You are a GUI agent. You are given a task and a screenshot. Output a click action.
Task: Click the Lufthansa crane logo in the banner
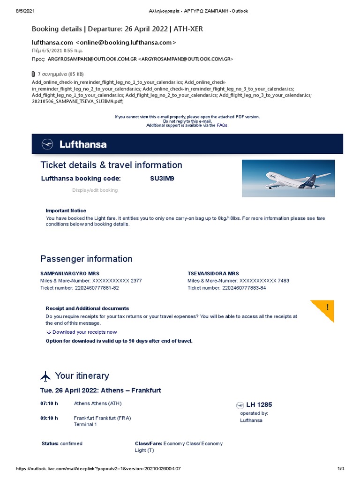pos(47,144)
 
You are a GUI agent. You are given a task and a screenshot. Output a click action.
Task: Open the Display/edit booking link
pos(95,190)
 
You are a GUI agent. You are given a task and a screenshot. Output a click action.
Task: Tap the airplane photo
pos(288,178)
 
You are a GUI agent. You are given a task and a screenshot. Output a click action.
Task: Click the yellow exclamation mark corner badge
pos(327,308)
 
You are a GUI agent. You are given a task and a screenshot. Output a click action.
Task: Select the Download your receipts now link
pos(84,332)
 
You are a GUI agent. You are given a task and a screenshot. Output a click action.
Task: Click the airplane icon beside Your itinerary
pos(45,376)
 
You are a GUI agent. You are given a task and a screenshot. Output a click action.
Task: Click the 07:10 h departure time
pos(49,403)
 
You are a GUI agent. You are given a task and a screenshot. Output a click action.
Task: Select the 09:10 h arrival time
pos(49,418)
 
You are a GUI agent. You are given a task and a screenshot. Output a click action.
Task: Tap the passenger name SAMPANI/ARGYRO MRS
pos(70,273)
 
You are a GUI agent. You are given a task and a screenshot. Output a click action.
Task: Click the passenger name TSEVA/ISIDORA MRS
pos(213,273)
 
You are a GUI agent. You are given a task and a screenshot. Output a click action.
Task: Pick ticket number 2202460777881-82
pos(97,288)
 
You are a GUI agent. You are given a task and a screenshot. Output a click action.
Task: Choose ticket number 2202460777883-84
pos(244,288)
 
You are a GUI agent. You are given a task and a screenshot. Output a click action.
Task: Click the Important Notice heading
pos(66,211)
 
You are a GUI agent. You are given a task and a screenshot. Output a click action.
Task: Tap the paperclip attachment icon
pos(33,74)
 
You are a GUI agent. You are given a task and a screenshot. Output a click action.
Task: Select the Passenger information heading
pos(86,259)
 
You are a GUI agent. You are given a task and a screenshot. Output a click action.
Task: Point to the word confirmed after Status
pos(71,443)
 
